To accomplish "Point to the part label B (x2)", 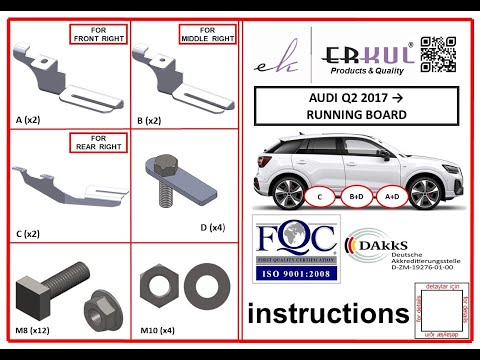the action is coord(149,119).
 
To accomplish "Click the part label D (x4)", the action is coord(213,227).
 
